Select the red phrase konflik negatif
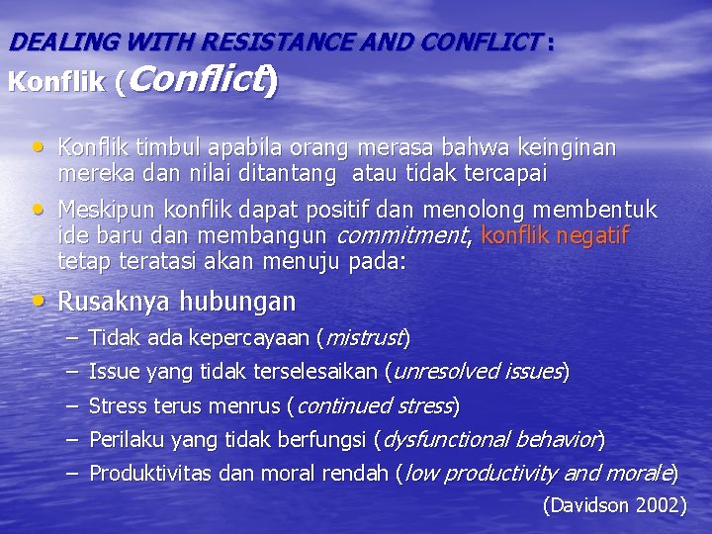pyautogui.click(x=555, y=235)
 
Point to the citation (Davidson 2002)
pyautogui.click(x=614, y=505)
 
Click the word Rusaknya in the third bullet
pyautogui.click(x=106, y=301)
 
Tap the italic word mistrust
pyautogui.click(x=363, y=338)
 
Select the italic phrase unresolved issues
pyautogui.click(x=478, y=372)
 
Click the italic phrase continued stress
pyautogui.click(x=373, y=405)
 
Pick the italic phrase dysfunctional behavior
pyautogui.click(x=490, y=439)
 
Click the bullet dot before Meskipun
pyautogui.click(x=38, y=209)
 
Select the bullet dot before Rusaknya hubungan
pyautogui.click(x=38, y=300)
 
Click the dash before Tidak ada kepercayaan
pyautogui.click(x=72, y=338)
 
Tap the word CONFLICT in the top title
pyautogui.click(x=481, y=43)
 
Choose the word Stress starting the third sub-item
pyautogui.click(x=117, y=405)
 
